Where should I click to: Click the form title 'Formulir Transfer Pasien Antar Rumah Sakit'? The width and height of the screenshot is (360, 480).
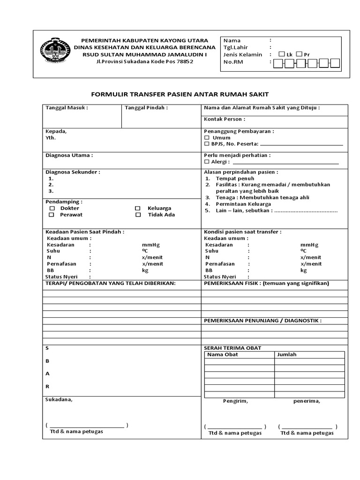(180, 94)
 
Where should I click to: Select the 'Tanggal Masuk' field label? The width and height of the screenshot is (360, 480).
(67, 108)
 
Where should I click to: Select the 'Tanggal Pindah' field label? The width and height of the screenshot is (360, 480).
(146, 108)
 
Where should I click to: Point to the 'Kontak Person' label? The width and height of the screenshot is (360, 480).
(225, 119)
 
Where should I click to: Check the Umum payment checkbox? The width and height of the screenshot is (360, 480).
(207, 138)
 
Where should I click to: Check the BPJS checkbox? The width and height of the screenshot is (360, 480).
(207, 144)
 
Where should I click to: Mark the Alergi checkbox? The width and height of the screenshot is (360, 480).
(207, 162)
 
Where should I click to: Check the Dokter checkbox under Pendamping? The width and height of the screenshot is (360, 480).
(52, 208)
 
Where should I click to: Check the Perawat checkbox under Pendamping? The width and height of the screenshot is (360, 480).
(52, 215)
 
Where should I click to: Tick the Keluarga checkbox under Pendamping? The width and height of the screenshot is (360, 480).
(138, 208)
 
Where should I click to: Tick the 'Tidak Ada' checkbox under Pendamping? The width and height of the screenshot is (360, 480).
(138, 215)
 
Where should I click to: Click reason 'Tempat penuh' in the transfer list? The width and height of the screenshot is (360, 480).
(235, 179)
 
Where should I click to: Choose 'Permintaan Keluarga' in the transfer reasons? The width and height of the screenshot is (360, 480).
(243, 204)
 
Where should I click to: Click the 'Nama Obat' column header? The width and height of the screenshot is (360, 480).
(223, 355)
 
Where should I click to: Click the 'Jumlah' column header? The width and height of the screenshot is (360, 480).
(287, 355)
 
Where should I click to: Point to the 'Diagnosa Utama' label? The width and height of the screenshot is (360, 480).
(69, 155)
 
